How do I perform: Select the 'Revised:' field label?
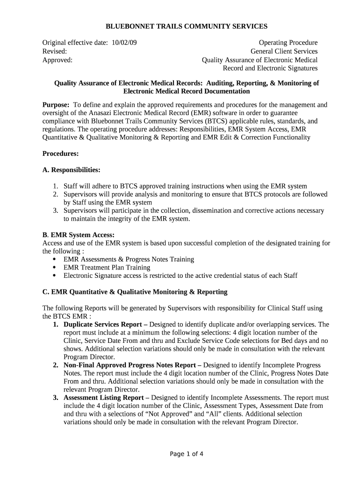point(55,51)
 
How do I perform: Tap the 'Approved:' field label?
point(58,60)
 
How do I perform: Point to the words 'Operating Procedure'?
point(288,43)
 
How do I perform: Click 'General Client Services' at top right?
point(284,51)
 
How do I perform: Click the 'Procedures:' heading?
point(60,153)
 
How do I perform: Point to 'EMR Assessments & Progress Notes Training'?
point(129,259)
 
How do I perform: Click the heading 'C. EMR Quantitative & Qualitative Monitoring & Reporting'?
point(135,292)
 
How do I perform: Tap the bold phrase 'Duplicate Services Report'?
point(103,324)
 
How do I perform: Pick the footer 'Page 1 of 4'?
point(187,454)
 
